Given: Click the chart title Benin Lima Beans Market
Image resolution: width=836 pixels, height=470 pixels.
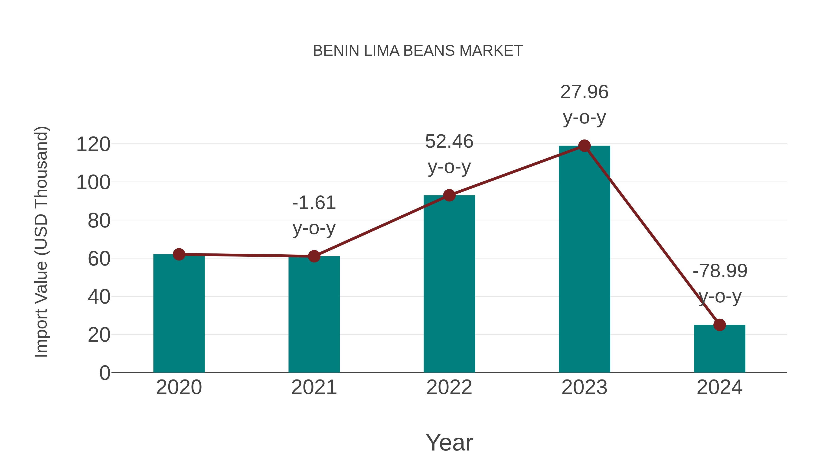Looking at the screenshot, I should pos(418,51).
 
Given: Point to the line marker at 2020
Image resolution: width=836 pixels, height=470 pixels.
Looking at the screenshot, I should pos(179,255).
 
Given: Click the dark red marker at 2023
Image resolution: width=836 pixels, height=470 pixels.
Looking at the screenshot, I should pos(584,146).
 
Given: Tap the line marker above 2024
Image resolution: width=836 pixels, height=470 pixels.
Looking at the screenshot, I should pos(719,325).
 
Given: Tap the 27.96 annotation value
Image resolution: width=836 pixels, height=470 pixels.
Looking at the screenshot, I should pos(584,92).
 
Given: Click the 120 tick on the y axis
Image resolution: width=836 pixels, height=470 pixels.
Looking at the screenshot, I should pos(93,144).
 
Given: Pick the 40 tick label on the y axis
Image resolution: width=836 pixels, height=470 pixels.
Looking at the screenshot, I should pos(99,297).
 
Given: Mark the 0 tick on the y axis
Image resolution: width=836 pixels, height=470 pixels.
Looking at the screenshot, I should pos(105,373).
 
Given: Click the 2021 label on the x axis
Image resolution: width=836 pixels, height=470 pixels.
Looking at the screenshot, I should pos(314,387).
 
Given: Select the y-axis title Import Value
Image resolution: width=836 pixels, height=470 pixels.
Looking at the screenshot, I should pos(42,242).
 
